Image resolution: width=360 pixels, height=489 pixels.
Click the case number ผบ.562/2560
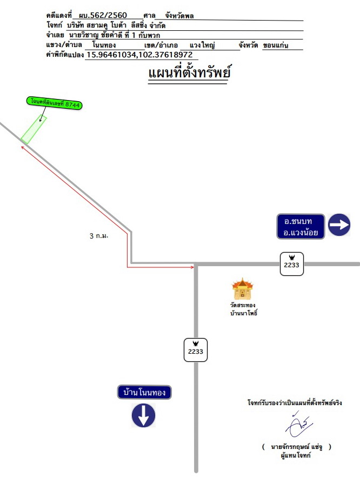click(x=103, y=15)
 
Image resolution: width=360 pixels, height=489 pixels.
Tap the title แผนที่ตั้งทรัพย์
click(x=189, y=72)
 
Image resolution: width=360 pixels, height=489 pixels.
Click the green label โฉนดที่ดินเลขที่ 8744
click(x=55, y=103)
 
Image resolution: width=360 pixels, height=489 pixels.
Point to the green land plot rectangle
click(x=34, y=130)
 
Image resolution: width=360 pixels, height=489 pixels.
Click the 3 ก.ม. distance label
click(x=99, y=236)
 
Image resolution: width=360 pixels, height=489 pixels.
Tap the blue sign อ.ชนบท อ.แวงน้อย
click(x=301, y=227)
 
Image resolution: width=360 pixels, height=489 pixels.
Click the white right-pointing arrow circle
click(x=339, y=225)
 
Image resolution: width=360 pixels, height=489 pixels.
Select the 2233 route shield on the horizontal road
click(x=292, y=264)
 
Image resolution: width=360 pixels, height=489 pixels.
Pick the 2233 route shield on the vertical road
click(x=196, y=350)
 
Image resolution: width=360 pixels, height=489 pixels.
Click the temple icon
click(x=243, y=289)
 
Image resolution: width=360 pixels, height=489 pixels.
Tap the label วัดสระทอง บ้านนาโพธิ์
click(x=244, y=309)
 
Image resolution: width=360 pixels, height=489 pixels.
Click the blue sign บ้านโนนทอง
click(x=144, y=392)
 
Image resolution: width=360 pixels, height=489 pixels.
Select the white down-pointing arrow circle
click(x=143, y=415)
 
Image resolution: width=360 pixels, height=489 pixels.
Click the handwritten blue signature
click(x=298, y=425)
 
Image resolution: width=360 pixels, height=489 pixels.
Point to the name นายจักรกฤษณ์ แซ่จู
click(x=296, y=447)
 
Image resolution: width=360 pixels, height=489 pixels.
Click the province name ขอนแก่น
click(x=276, y=45)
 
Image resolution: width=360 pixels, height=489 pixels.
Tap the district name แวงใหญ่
click(x=202, y=45)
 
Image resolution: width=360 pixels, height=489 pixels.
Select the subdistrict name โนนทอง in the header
click(x=104, y=45)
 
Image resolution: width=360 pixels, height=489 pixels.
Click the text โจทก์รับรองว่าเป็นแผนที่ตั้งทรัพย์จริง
click(x=295, y=402)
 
